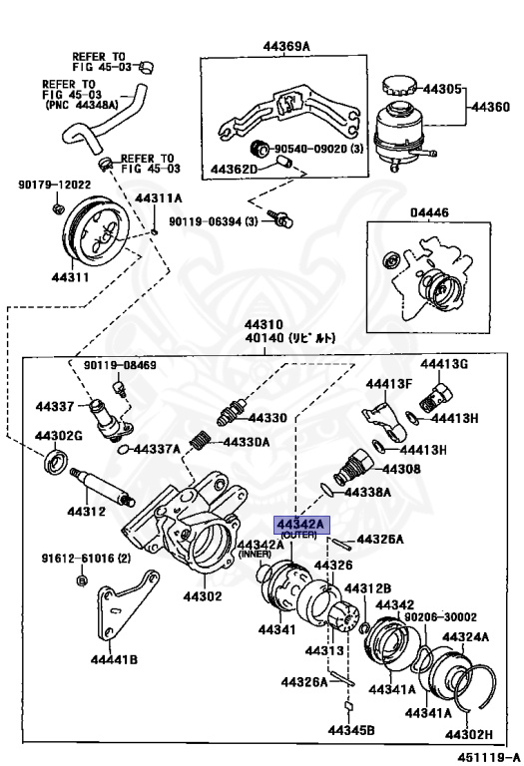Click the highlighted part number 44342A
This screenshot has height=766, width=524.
pyautogui.click(x=298, y=524)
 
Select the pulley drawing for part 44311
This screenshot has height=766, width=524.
pyautogui.click(x=98, y=238)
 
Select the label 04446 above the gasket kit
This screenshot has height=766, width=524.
pyautogui.click(x=429, y=211)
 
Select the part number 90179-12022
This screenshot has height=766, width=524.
pyautogui.click(x=54, y=185)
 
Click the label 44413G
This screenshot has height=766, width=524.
pyautogui.click(x=444, y=363)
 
